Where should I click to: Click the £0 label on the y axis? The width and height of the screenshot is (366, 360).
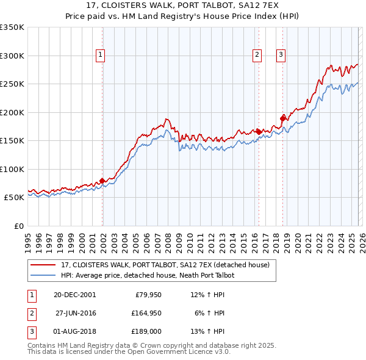[x=18, y=226]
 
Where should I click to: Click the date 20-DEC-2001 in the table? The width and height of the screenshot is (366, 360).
[x=74, y=295]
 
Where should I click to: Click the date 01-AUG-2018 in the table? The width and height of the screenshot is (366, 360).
[x=74, y=331]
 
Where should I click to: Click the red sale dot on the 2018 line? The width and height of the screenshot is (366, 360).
[x=283, y=118]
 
